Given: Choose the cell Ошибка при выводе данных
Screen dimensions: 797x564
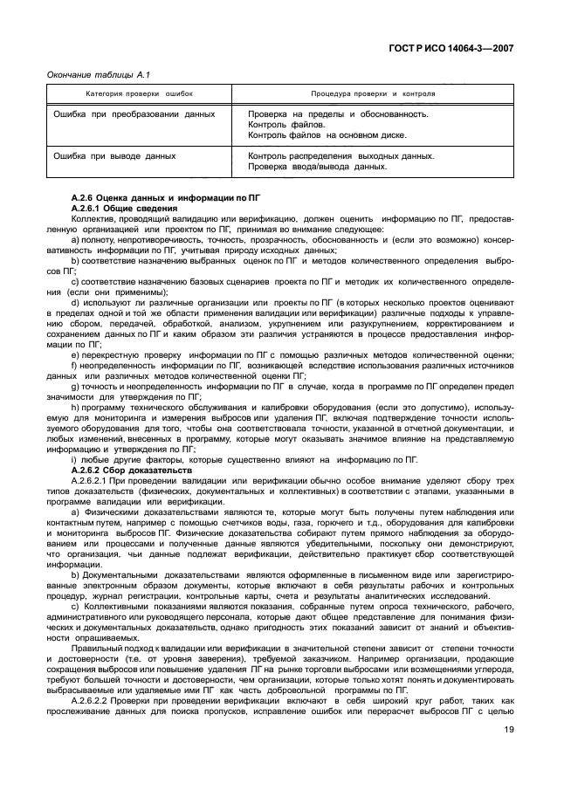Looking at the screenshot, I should point(115,156).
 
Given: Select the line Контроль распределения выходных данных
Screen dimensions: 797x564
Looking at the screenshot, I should point(341,156).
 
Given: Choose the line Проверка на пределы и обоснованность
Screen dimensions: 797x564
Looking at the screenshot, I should point(338,114).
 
